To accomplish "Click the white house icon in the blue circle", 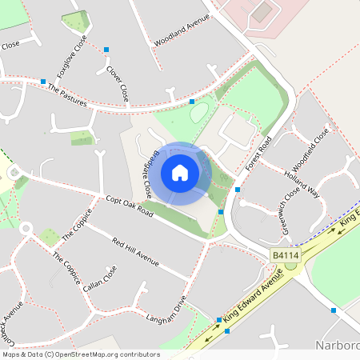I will pyautogui.click(x=180, y=173).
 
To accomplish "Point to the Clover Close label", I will pyautogui.click(x=118, y=82).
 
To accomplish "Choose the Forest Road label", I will pyautogui.click(x=259, y=152).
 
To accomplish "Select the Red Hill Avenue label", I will pyautogui.click(x=135, y=252).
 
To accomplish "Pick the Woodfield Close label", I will pyautogui.click(x=311, y=145).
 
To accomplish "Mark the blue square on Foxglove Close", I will pyautogui.click(x=106, y=50).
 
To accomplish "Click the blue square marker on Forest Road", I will pyautogui.click(x=238, y=189).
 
